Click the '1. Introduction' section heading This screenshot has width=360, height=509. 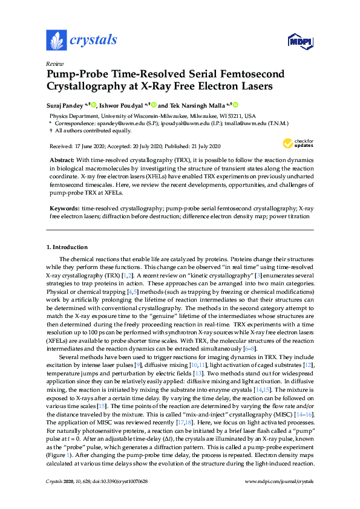68,248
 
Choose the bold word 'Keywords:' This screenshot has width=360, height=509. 63,208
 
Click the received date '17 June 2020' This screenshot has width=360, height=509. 89,146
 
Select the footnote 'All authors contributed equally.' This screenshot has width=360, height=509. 93,130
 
